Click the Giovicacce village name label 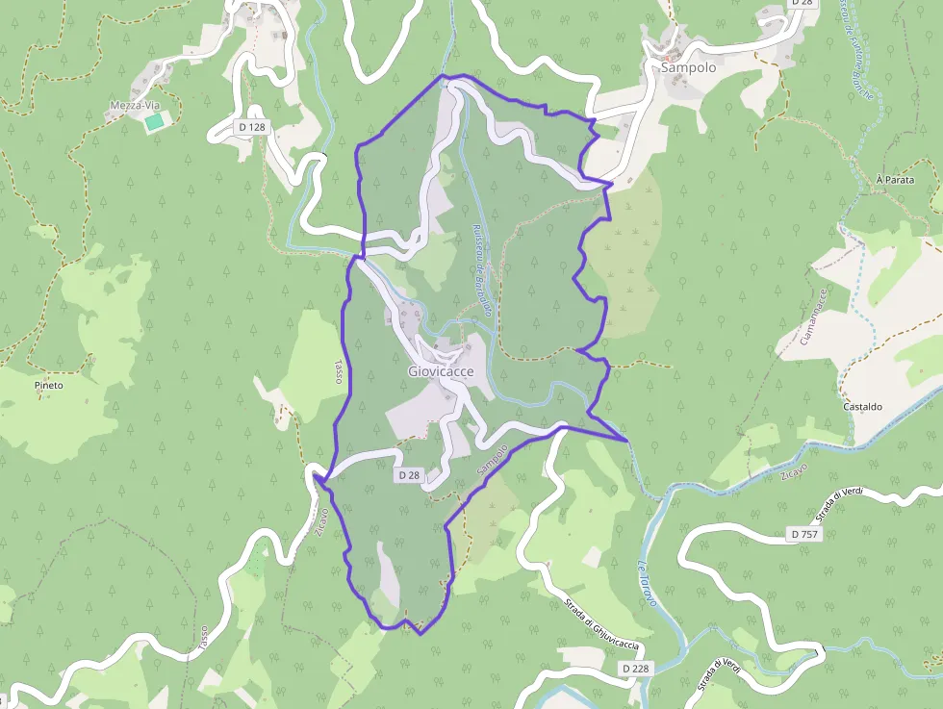point(441,371)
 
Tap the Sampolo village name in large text point(688,68)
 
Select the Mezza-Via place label point(133,105)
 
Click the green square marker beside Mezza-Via point(153,121)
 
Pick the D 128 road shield point(251,127)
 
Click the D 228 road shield point(634,668)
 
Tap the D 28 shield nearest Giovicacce point(409,475)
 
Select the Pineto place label point(48,385)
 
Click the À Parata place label point(894,180)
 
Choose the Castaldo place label point(862,407)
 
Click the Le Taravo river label point(646,581)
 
